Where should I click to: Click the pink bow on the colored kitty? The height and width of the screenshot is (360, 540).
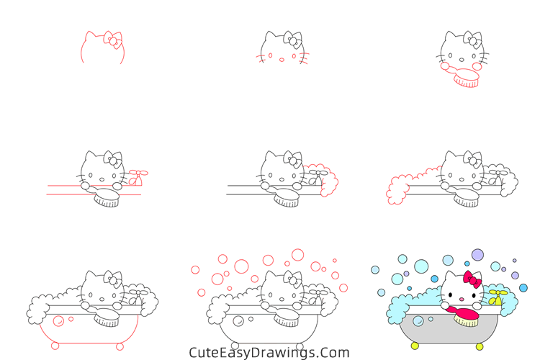(472, 279)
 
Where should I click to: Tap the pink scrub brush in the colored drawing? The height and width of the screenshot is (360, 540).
(466, 314)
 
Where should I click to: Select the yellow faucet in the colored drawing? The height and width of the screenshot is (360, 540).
(498, 296)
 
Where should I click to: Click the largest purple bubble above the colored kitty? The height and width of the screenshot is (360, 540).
(477, 254)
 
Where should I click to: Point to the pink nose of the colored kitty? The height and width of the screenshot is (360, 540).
(461, 296)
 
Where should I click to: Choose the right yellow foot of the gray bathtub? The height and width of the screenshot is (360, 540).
(481, 346)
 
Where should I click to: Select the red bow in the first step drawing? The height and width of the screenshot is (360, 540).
(112, 39)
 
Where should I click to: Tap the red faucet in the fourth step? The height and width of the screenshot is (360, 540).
(138, 178)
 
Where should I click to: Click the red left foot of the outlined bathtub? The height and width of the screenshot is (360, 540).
(55, 346)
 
